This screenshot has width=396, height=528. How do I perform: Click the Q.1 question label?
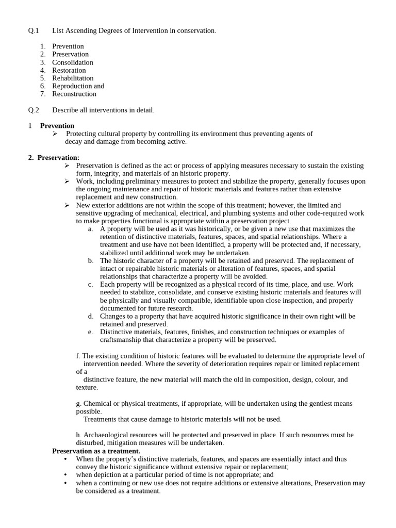point(34,31)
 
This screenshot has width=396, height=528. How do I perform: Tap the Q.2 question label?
point(34,110)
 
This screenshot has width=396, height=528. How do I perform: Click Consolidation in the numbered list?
point(73,62)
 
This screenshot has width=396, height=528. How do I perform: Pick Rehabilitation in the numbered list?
point(73,78)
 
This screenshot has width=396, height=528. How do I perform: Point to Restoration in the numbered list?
point(69,70)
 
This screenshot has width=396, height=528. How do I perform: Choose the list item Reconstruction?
point(74,94)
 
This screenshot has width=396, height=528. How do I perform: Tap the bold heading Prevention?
point(57,126)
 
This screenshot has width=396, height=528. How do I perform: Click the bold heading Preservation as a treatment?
point(96,451)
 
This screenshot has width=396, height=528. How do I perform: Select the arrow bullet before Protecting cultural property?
point(56,134)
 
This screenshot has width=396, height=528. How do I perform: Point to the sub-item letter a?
point(91,229)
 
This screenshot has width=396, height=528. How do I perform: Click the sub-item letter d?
point(91,316)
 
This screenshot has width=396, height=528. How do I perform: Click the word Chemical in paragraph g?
point(97,403)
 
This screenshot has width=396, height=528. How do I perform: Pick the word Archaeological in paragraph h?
point(109,435)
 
